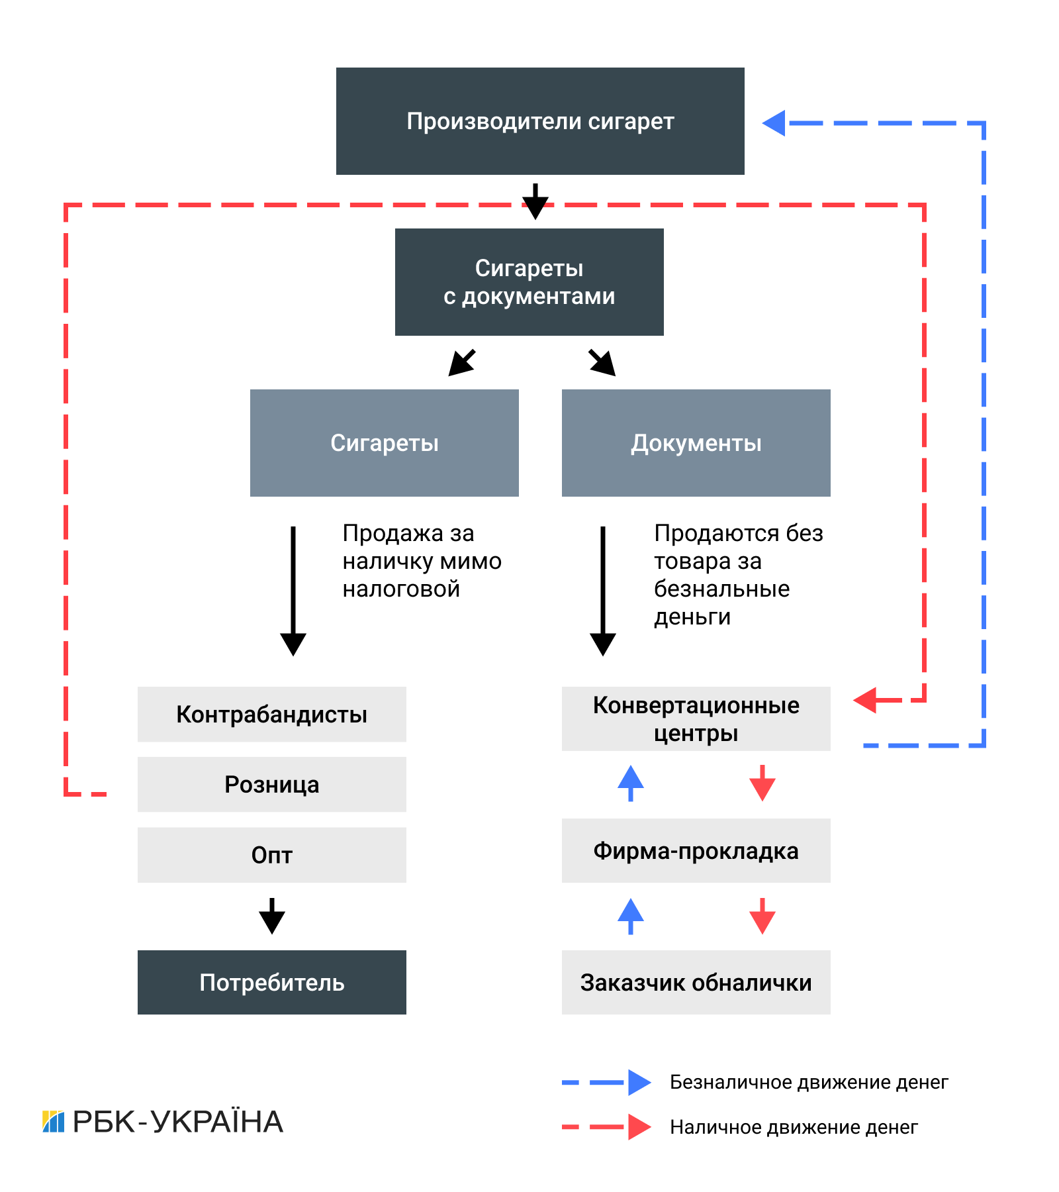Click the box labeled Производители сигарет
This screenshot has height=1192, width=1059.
[540, 121]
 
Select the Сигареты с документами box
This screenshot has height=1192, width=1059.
[529, 282]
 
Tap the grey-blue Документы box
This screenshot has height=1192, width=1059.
[696, 443]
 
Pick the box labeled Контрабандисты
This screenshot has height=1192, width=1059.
[271, 715]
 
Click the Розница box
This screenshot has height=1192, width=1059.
[271, 785]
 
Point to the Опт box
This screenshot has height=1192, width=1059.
[271, 855]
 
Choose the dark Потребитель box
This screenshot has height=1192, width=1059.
[271, 983]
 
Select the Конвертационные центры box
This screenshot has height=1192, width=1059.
[696, 719]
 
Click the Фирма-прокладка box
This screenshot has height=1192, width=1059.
[696, 851]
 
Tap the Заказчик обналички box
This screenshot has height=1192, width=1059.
[696, 983]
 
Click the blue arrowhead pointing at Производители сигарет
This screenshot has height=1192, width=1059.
[774, 123]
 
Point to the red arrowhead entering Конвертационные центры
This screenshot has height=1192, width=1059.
[866, 700]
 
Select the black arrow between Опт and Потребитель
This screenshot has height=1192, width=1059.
[271, 916]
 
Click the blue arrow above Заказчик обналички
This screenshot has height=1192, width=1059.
[630, 916]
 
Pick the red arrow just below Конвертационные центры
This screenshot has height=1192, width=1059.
[762, 784]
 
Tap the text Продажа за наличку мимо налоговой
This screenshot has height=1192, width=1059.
[422, 561]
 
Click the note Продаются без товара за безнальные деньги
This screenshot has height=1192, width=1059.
[738, 575]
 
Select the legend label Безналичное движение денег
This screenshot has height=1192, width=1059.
[809, 1083]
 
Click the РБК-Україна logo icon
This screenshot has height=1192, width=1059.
[54, 1122]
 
